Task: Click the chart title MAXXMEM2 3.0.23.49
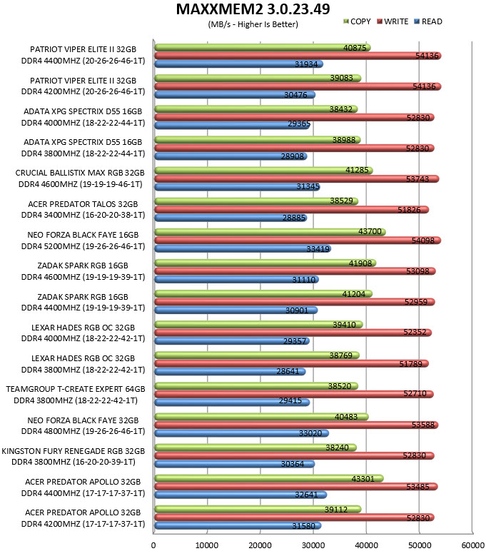point(253,9)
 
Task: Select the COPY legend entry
point(357,21)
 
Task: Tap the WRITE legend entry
point(393,21)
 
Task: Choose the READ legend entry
point(428,21)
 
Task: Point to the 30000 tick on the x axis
point(313,545)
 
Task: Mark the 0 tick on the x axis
point(153,545)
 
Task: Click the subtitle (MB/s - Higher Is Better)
point(253,24)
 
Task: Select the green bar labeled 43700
point(270,232)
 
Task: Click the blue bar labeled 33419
point(243,248)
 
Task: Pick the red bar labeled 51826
point(292,210)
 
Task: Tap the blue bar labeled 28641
point(230,372)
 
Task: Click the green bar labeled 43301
point(269,478)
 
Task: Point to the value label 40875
point(355,48)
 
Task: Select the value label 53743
point(417,179)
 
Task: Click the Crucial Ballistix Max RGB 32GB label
point(80,173)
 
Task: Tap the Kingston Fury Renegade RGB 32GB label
point(74,451)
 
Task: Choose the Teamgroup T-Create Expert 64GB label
point(76,389)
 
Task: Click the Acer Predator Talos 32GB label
point(83,204)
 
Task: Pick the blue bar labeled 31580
point(238,525)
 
